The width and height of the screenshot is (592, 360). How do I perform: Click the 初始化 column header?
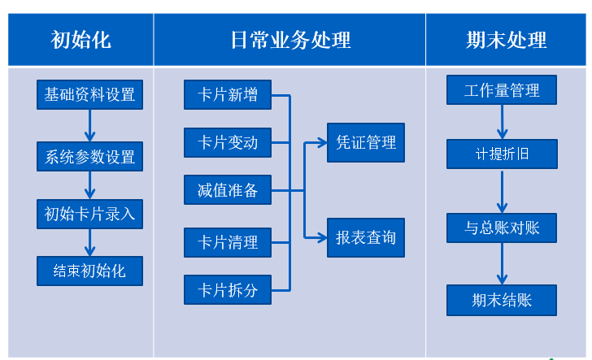(x=81, y=39)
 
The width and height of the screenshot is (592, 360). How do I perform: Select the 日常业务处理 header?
(x=289, y=39)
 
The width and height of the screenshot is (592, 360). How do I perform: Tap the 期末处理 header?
(x=506, y=39)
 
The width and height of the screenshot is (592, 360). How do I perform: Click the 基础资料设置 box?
(x=89, y=94)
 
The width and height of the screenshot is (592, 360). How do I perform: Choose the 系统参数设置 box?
(x=89, y=156)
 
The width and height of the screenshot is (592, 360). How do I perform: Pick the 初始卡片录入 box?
(x=89, y=215)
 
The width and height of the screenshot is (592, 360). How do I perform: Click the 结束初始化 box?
(x=89, y=271)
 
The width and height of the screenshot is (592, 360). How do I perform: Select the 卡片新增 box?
(x=227, y=95)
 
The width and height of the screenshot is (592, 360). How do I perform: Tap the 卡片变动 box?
(x=227, y=143)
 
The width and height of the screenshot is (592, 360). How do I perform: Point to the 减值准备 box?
(x=227, y=190)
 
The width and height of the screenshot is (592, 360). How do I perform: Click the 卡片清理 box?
(x=227, y=242)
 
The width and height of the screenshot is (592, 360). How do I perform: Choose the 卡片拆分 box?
(x=227, y=289)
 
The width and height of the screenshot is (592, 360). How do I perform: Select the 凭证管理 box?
(x=365, y=142)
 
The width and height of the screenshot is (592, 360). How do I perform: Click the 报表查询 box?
(x=365, y=237)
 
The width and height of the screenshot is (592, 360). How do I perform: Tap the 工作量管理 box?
(x=502, y=90)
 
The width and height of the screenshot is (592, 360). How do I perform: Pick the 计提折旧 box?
(x=502, y=154)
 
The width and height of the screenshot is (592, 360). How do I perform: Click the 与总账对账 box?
(x=502, y=228)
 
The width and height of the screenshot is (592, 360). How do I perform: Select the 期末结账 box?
(x=502, y=300)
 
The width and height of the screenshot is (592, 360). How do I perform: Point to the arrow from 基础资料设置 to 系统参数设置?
(x=89, y=125)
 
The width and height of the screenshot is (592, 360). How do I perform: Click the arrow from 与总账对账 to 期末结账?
(x=502, y=264)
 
